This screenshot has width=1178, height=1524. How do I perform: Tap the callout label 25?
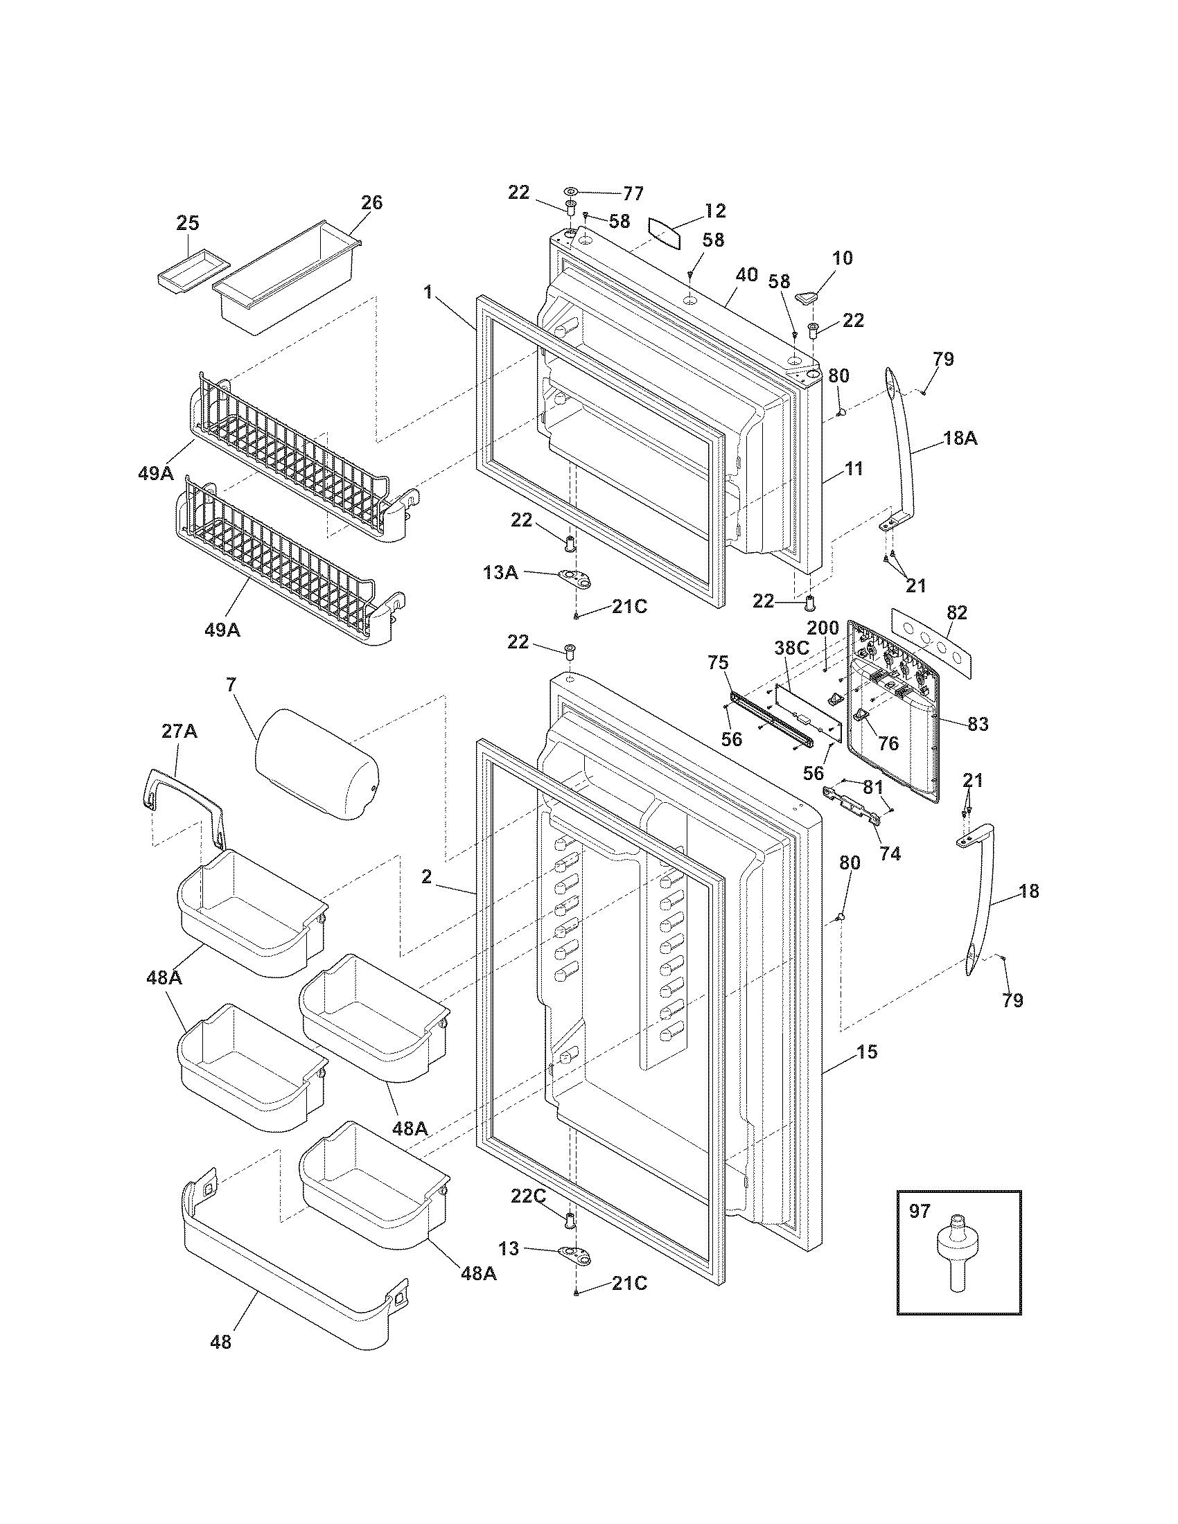coord(187,223)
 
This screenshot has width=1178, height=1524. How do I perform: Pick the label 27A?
coord(179,732)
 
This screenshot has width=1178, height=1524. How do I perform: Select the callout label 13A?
coord(500,573)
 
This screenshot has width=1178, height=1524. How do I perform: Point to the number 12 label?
coord(715,210)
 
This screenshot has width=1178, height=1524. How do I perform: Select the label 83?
coord(978,725)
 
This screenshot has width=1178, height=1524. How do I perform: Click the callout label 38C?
coord(791,647)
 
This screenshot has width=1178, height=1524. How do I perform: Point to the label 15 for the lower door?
coord(867,1052)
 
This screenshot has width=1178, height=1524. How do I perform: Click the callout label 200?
coord(823,628)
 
